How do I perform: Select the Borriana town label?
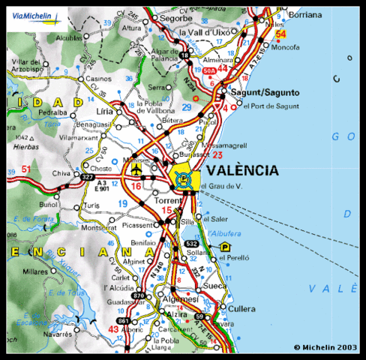pyautogui.click(x=306, y=15)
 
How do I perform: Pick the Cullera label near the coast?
pyautogui.click(x=262, y=308)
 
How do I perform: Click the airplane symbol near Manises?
pyautogui.click(x=135, y=171)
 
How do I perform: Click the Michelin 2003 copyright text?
pyautogui.click(x=327, y=347)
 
